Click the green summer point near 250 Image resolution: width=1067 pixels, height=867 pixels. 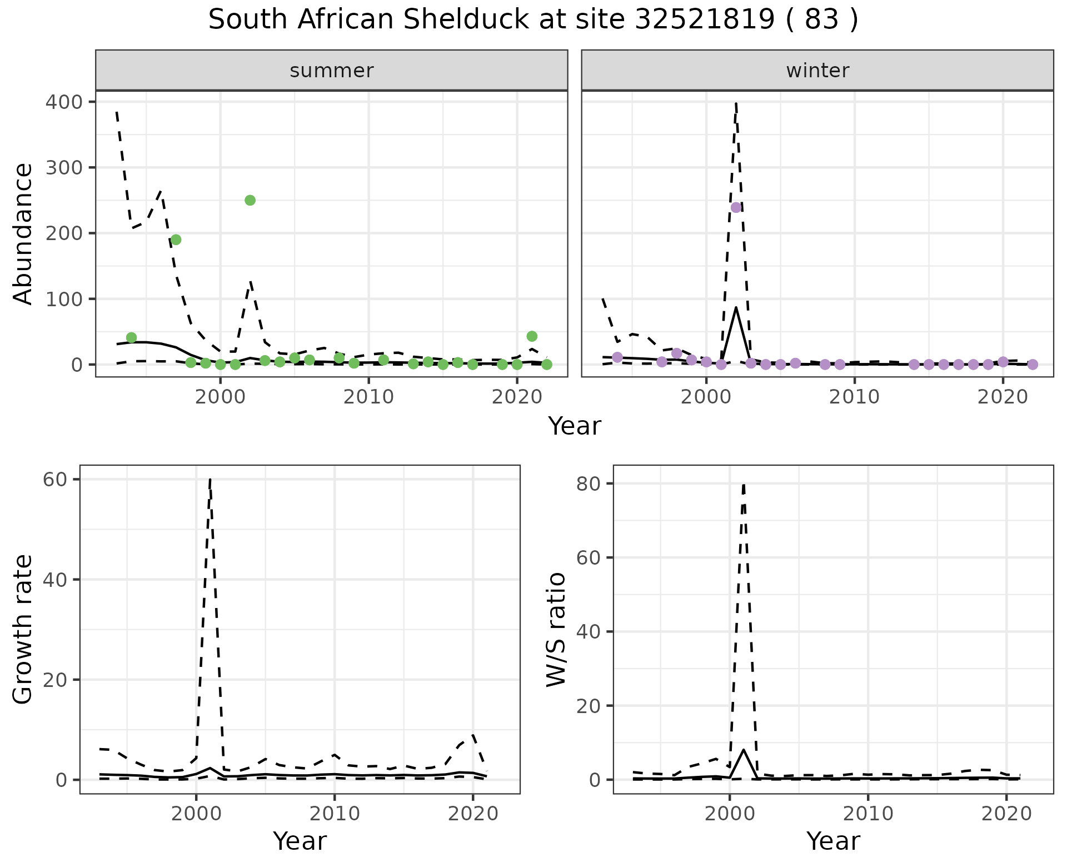click(250, 200)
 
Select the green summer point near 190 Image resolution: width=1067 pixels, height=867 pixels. click(176, 240)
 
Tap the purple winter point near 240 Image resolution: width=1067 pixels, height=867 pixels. click(736, 207)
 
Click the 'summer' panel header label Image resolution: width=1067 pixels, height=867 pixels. click(332, 71)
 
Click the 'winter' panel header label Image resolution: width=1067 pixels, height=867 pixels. click(817, 71)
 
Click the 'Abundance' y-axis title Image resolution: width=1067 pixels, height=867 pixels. click(23, 233)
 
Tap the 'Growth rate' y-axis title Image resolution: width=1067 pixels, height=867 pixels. click(23, 629)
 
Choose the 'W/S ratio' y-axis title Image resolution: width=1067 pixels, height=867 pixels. click(556, 629)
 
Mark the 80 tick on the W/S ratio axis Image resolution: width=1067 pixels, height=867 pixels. click(587, 484)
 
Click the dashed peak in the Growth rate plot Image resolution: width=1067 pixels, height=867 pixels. click(210, 479)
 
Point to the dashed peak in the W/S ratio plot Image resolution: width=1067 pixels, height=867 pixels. click(744, 485)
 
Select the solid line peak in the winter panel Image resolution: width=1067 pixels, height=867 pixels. click(736, 307)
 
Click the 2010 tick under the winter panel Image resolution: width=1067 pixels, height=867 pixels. click(854, 397)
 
